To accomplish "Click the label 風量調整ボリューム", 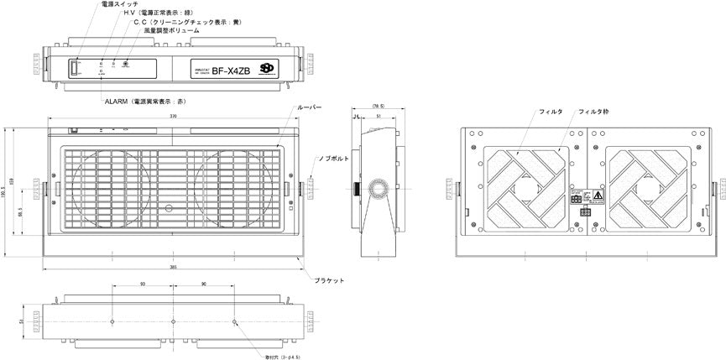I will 172,31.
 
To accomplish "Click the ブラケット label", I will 329,279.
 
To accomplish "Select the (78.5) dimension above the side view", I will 378,107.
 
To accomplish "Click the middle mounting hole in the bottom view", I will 173,321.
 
